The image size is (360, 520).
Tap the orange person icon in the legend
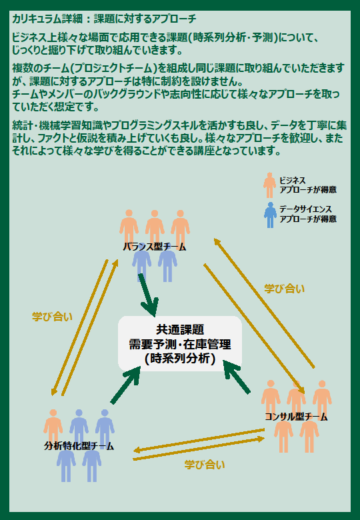(269, 183)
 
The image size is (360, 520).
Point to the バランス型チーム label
(155, 247)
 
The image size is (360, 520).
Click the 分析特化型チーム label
(79, 445)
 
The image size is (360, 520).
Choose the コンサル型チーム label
(297, 417)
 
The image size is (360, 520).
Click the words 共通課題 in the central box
(179, 329)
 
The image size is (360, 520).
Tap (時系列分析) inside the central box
(179, 359)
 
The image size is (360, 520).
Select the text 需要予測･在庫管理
(179, 344)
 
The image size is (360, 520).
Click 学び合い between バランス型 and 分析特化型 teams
(53, 316)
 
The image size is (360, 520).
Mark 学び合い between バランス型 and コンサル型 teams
(285, 288)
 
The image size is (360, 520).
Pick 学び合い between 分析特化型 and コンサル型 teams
(205, 465)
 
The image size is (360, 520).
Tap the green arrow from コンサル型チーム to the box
(237, 377)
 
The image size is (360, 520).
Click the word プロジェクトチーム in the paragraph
(119, 68)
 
